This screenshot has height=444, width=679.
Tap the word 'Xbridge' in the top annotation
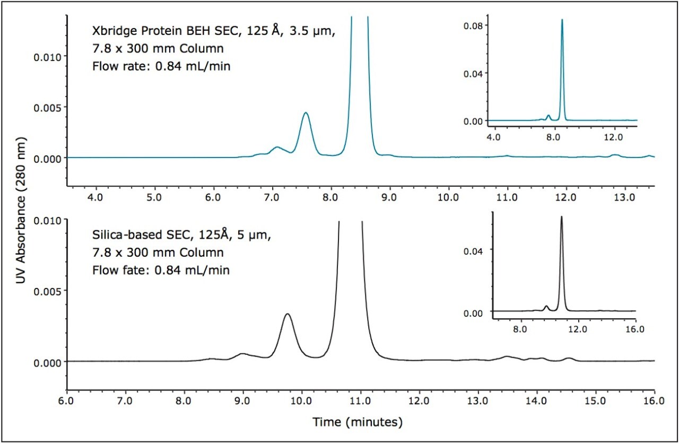point(110,31)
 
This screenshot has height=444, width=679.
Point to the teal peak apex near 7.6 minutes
point(306,113)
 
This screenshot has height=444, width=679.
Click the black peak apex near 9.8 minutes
point(288,314)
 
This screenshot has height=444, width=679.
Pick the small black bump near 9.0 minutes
point(242,353)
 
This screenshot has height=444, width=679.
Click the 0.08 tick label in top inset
point(477,25)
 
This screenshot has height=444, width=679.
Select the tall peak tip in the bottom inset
point(561,216)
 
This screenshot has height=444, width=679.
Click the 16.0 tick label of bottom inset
point(634,328)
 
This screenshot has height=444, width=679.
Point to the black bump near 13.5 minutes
point(507,356)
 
